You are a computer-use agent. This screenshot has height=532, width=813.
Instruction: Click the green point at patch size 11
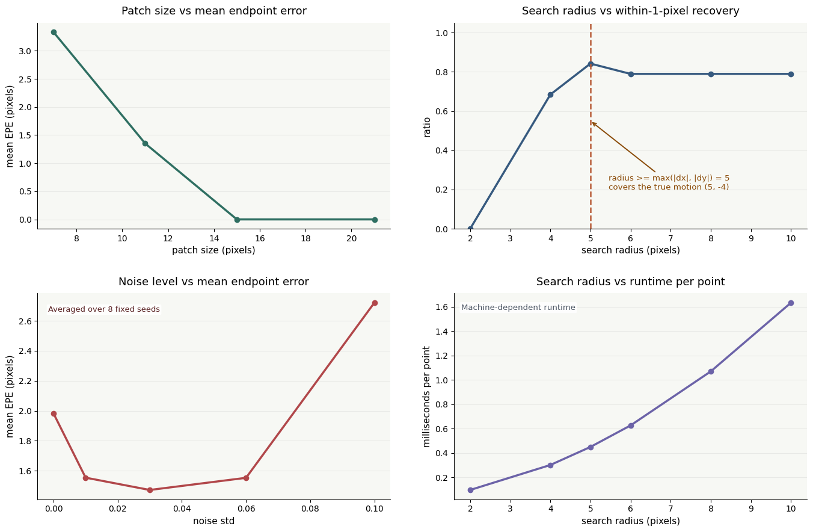click(x=145, y=143)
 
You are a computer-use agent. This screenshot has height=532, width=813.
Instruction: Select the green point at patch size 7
click(x=54, y=32)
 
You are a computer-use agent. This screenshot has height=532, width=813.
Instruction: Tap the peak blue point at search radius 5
click(x=591, y=64)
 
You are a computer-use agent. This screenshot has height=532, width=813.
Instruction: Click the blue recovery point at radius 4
click(x=550, y=94)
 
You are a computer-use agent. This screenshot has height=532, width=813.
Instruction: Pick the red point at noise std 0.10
click(x=375, y=303)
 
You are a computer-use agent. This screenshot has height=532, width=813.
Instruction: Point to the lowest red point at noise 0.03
click(x=150, y=490)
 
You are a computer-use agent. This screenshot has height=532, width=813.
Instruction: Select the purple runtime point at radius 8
click(x=711, y=371)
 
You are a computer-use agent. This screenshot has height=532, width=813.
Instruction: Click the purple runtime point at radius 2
click(x=470, y=490)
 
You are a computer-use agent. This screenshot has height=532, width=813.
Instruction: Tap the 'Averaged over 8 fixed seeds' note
click(x=104, y=309)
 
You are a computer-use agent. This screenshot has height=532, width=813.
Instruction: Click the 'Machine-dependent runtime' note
click(x=518, y=307)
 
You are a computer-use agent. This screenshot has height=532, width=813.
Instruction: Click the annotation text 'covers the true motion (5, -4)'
click(x=669, y=187)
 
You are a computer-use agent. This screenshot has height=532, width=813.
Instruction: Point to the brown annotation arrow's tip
click(x=592, y=123)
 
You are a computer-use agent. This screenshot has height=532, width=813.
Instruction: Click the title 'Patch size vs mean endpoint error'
click(x=214, y=11)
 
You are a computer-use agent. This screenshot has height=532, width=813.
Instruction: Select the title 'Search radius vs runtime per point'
click(x=630, y=282)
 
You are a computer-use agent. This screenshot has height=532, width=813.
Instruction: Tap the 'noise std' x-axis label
click(x=214, y=521)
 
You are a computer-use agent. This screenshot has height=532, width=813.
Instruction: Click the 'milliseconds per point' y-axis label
click(x=427, y=397)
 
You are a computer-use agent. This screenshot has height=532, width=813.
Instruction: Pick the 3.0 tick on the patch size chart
click(x=25, y=51)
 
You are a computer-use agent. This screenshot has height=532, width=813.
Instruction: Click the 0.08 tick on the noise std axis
click(x=310, y=509)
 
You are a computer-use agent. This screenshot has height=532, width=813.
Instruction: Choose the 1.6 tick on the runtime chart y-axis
click(x=442, y=307)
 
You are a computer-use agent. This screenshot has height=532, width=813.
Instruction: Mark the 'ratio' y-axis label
click(x=427, y=127)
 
